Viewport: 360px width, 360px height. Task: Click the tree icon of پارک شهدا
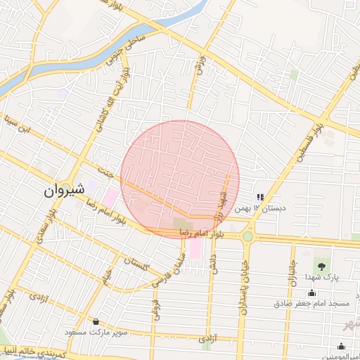(x=321, y=266)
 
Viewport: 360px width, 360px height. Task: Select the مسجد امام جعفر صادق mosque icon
(x=311, y=292)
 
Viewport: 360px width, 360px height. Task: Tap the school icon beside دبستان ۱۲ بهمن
(x=260, y=198)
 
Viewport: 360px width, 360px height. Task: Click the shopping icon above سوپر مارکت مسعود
(x=96, y=321)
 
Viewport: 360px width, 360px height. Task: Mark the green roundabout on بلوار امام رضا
(x=247, y=236)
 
